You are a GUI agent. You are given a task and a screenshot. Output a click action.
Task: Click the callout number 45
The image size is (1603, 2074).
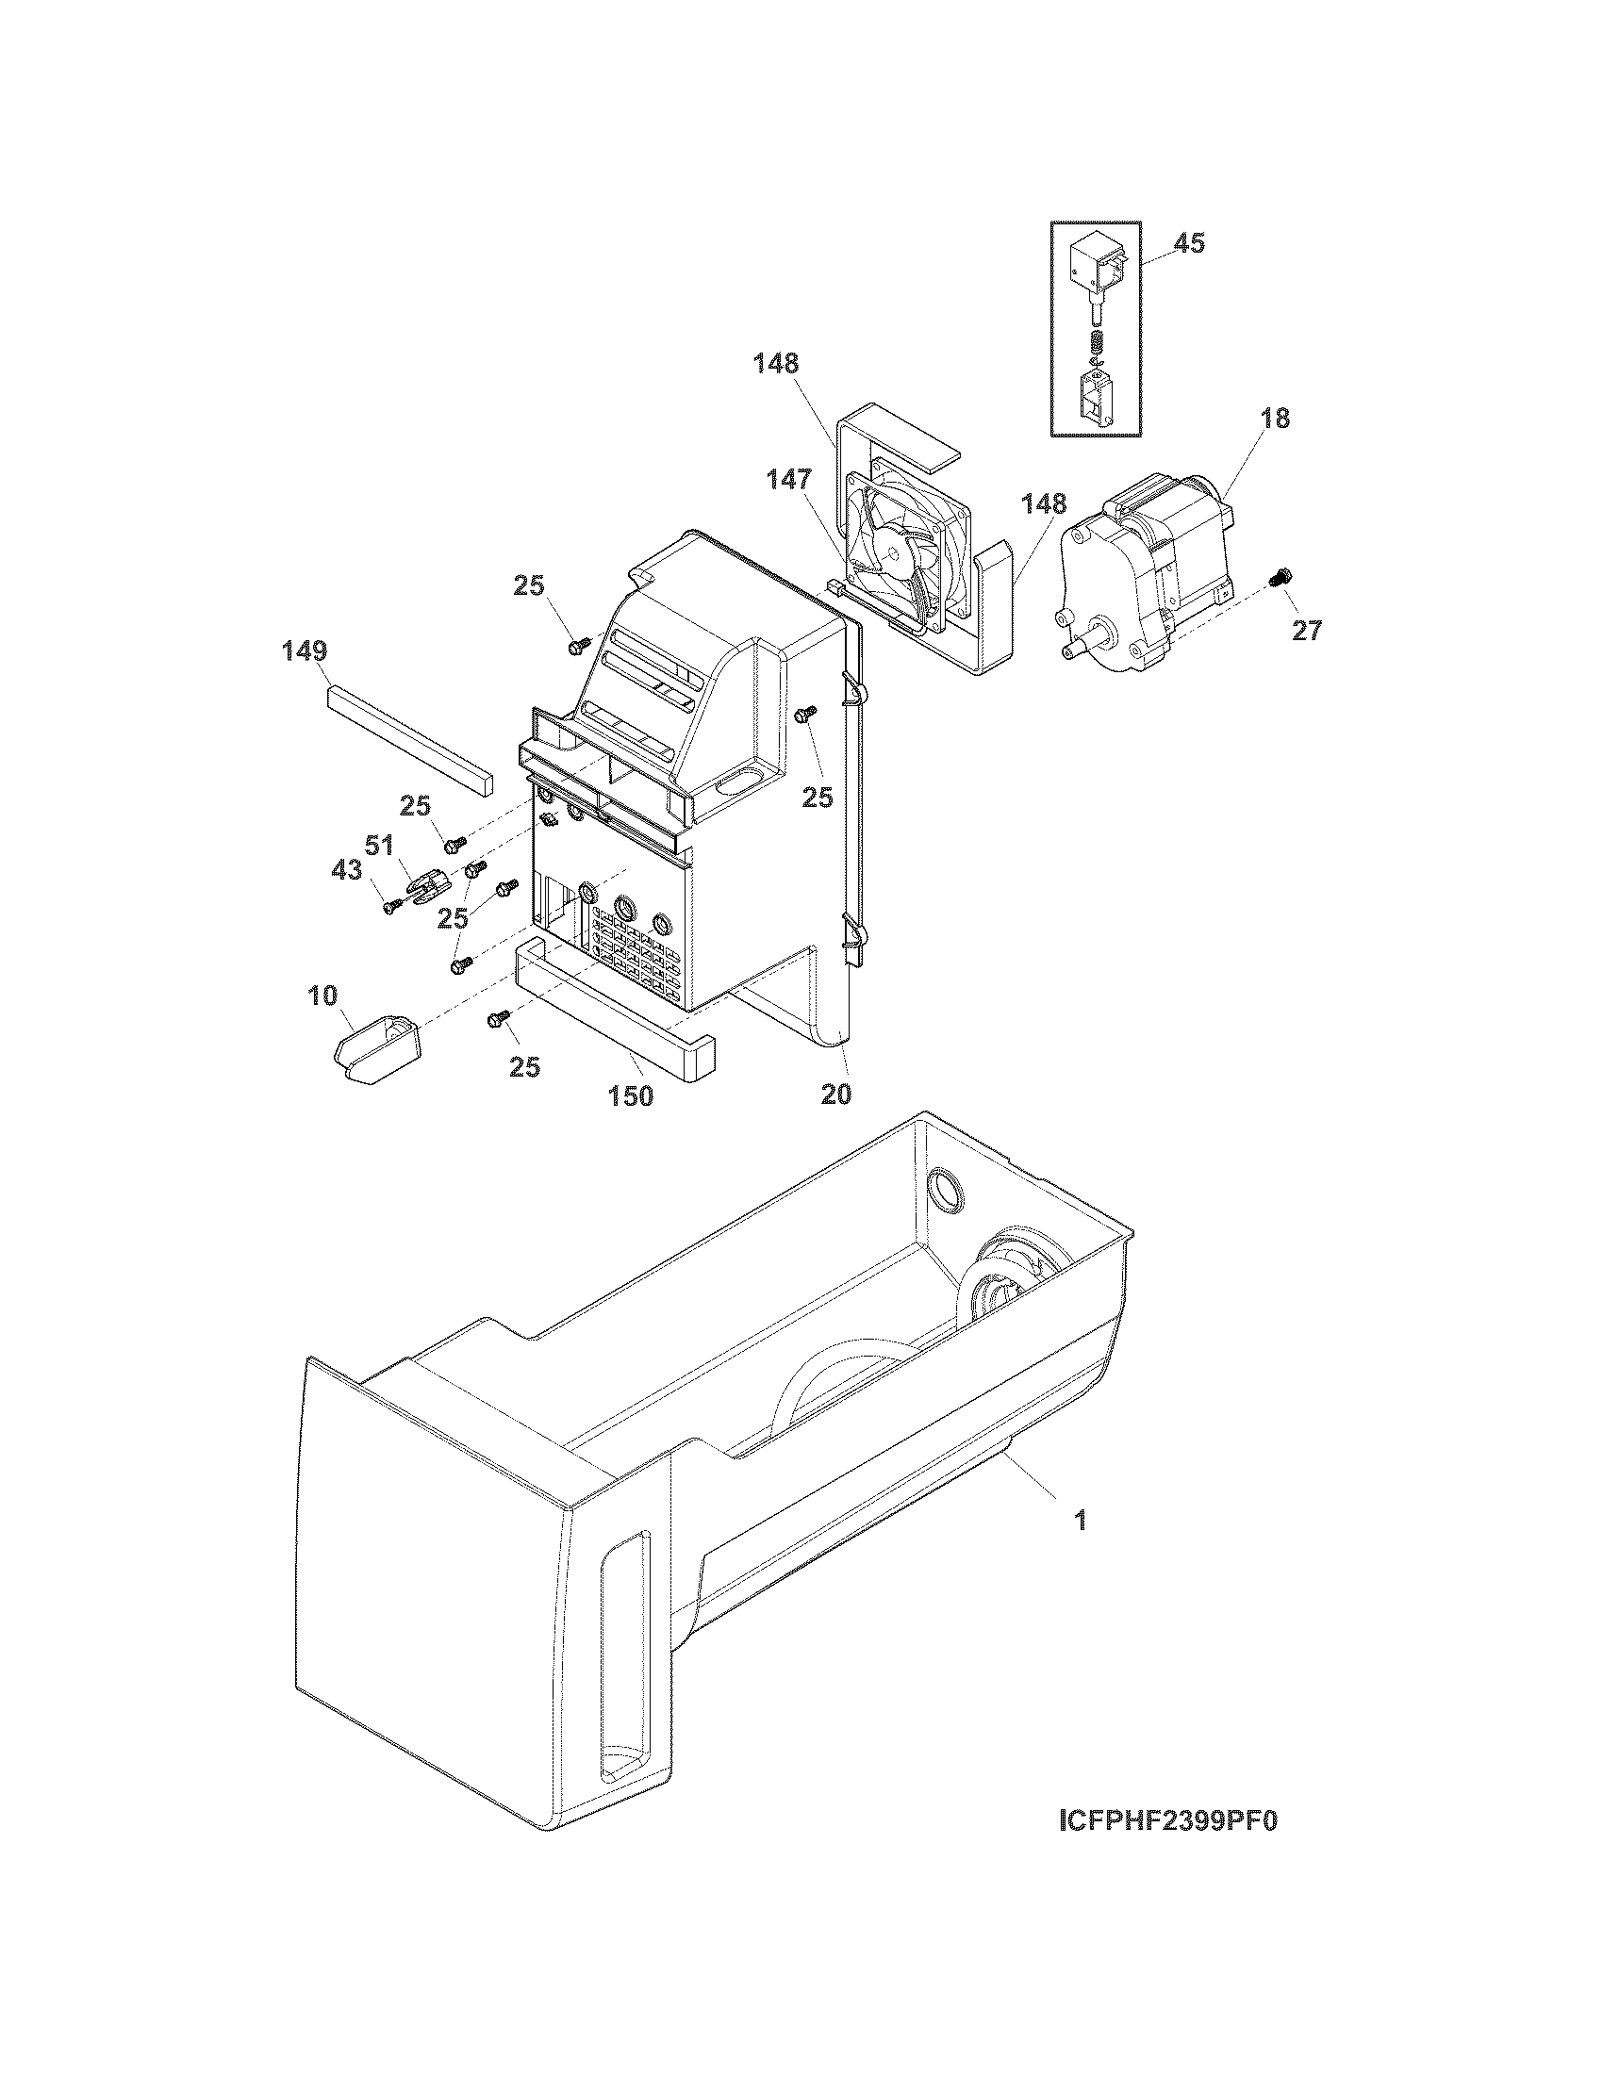1189,244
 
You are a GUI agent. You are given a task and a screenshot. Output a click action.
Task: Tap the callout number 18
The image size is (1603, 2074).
1277,419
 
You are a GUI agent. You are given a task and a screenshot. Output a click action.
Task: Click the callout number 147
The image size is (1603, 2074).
790,482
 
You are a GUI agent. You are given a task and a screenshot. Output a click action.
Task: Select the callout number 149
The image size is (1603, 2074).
305,651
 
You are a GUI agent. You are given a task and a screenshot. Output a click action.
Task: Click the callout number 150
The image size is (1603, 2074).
631,1095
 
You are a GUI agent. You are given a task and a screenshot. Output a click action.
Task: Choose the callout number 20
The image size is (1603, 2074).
835,1094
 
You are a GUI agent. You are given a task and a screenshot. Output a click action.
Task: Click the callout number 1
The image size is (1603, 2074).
1080,1522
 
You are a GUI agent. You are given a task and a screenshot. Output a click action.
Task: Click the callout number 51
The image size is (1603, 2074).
380,846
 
